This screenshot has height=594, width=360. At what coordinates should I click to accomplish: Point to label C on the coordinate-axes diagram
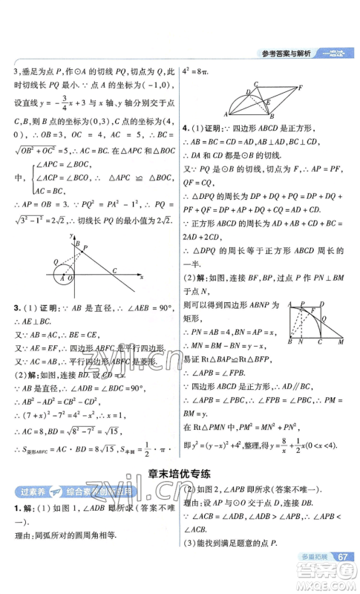[x=114, y=270]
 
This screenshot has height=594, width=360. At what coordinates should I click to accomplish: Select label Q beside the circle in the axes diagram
[x=56, y=262]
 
